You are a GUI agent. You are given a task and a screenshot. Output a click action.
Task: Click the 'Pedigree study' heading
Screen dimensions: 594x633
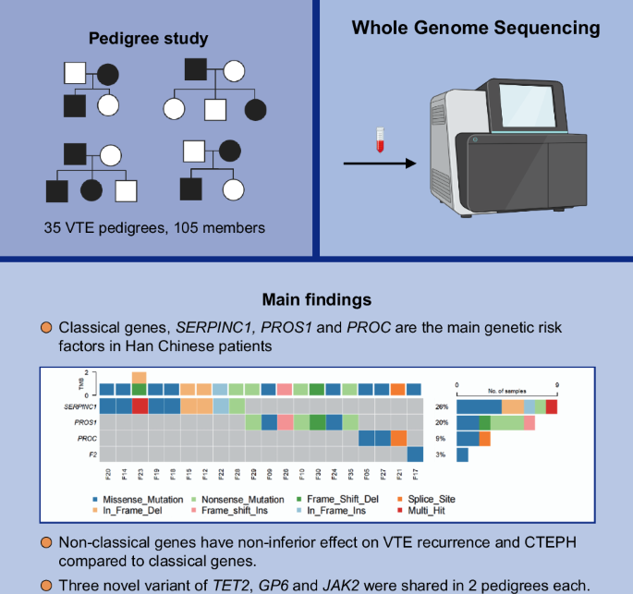(148, 39)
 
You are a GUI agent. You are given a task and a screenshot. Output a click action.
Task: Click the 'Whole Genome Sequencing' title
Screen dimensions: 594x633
(475, 28)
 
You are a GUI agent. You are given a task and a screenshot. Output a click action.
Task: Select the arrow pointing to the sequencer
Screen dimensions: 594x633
(379, 164)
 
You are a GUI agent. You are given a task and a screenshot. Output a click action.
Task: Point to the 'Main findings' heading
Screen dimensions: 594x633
(316, 300)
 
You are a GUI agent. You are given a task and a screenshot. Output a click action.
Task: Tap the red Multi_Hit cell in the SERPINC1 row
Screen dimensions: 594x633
(140, 406)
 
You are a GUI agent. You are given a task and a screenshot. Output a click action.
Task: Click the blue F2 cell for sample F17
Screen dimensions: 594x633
(414, 454)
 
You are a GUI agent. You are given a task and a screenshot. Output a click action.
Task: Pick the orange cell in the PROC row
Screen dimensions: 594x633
(398, 438)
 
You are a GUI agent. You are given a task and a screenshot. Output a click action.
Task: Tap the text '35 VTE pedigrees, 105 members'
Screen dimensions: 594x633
(154, 228)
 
